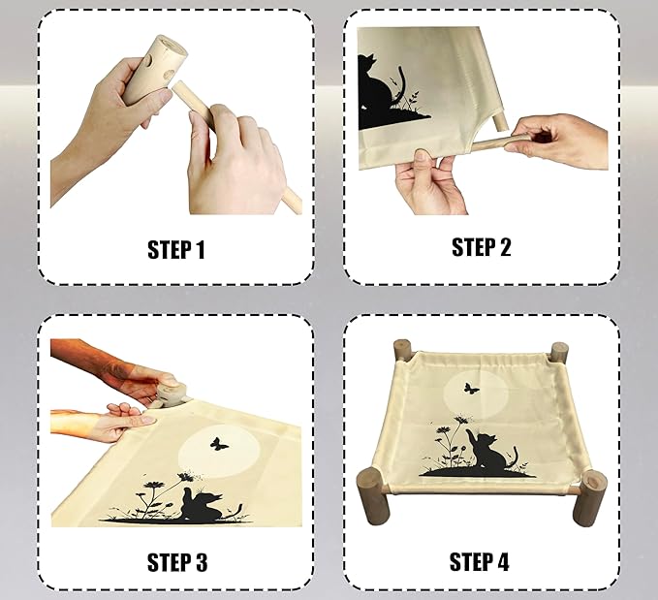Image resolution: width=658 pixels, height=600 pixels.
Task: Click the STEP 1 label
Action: point(176,250)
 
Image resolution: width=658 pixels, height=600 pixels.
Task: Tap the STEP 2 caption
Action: point(482,247)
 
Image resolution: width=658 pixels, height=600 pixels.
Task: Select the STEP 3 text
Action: point(177,562)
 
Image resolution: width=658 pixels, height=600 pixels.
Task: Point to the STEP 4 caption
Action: point(480,562)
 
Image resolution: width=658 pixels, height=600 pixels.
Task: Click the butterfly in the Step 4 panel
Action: point(471,389)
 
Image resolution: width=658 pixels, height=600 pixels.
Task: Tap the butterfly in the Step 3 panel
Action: point(219,444)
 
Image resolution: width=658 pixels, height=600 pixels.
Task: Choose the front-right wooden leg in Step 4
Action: point(589,498)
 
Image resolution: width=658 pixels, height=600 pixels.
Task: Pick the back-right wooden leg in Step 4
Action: point(559,353)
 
